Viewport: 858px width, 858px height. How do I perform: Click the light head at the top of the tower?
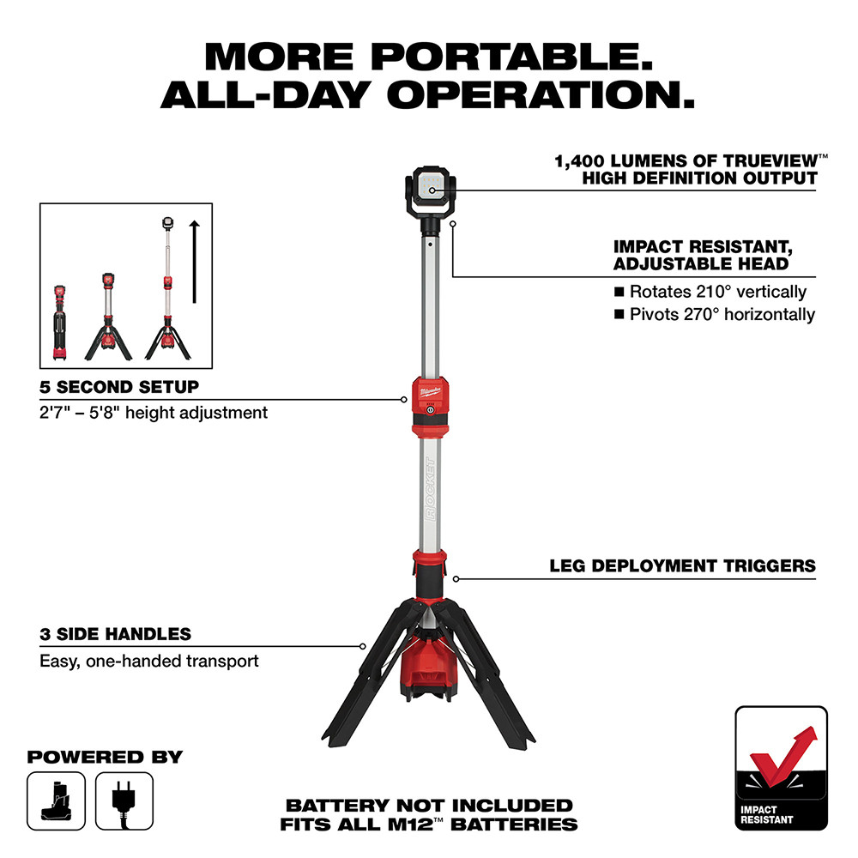pyautogui.click(x=429, y=187)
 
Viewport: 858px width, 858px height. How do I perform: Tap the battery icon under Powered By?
pyautogui.click(x=57, y=800)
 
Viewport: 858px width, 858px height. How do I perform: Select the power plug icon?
pyautogui.click(x=124, y=800)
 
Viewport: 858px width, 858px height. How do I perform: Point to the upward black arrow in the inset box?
pyautogui.click(x=195, y=262)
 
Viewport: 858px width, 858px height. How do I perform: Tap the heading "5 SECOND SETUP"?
pyautogui.click(x=119, y=387)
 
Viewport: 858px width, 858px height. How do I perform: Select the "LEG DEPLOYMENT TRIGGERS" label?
pyautogui.click(x=682, y=566)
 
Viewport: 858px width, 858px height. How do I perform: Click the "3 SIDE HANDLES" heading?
pyautogui.click(x=115, y=635)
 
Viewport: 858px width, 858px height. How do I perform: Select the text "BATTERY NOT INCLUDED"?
pyautogui.click(x=428, y=806)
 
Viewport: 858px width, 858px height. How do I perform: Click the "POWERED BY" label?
pyautogui.click(x=105, y=758)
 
